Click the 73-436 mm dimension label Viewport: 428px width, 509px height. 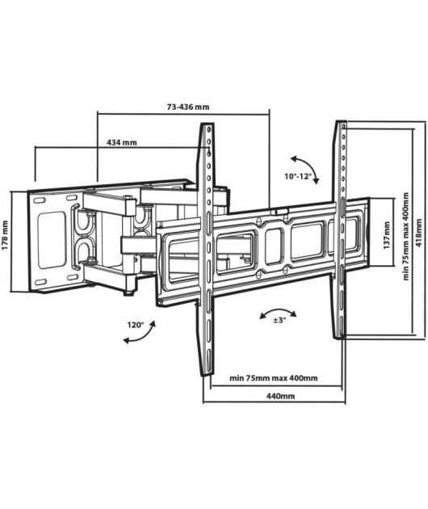point(188,107)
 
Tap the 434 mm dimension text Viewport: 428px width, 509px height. point(122,142)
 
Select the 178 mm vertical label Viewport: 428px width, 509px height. point(5,235)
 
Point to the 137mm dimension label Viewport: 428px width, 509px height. point(387,235)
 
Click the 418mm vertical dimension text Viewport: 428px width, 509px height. point(419,233)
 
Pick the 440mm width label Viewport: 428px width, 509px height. point(281,396)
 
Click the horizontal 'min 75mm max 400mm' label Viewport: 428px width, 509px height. point(274,378)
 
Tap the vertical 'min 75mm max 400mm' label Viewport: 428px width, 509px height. point(406,236)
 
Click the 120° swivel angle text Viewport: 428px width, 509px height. point(136,325)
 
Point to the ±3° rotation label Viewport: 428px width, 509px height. point(279,320)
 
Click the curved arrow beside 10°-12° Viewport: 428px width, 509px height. point(308,166)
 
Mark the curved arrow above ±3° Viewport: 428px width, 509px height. point(278,310)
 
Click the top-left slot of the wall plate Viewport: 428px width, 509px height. point(40,201)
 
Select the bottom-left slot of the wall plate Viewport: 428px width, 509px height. point(40,282)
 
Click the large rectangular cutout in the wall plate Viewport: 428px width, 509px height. point(52,240)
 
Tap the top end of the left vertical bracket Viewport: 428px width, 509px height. point(207,124)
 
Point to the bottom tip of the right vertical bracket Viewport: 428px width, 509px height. point(340,338)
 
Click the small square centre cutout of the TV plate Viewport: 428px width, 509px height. point(275,246)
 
